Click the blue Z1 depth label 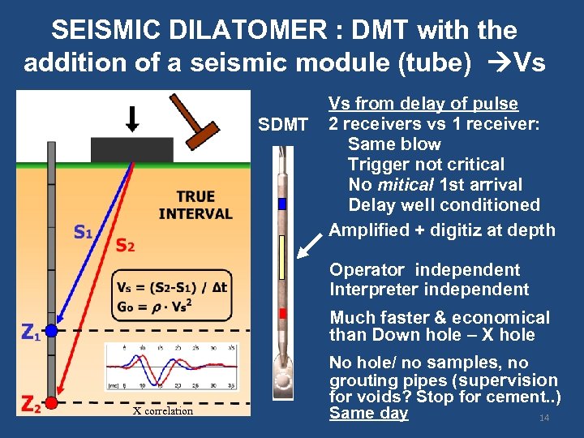(30, 332)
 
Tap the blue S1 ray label (82, 232)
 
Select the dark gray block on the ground (132, 149)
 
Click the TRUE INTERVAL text (195, 205)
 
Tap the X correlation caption (163, 411)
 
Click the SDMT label (282, 125)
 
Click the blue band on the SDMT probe (282, 204)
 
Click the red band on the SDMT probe (282, 313)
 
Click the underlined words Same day (368, 414)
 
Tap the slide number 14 (544, 418)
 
